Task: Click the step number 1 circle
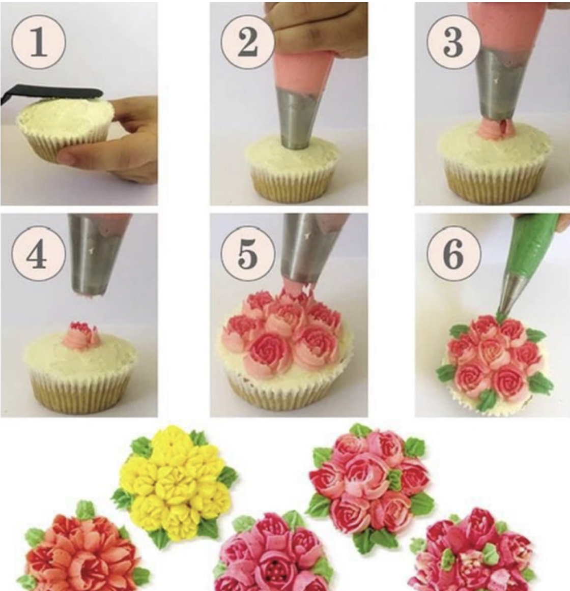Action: tap(39, 42)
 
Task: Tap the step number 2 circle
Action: tap(247, 42)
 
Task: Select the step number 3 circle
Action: tap(454, 42)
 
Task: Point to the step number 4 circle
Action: tap(39, 254)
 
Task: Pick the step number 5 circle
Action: tap(247, 254)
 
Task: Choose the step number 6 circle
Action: tap(454, 254)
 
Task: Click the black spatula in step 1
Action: tap(51, 94)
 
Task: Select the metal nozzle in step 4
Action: tap(99, 254)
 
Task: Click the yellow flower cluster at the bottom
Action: tap(174, 482)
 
